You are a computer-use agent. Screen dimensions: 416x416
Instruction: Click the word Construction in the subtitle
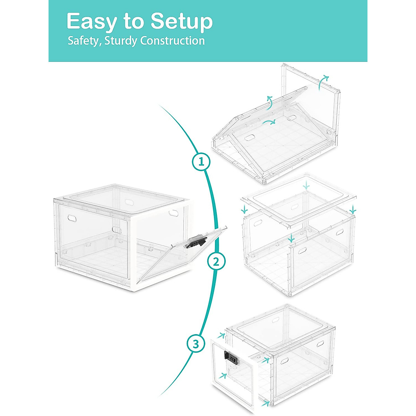172,41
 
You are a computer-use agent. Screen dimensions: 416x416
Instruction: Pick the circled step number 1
201,162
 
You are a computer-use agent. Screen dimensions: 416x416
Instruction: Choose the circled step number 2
216,262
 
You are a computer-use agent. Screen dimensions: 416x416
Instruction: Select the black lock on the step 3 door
231,358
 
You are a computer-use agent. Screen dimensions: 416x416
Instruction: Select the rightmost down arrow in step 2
353,209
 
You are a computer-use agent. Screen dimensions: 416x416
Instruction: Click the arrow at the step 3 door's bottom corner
266,404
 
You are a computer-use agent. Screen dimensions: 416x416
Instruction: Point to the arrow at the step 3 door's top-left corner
221,335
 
